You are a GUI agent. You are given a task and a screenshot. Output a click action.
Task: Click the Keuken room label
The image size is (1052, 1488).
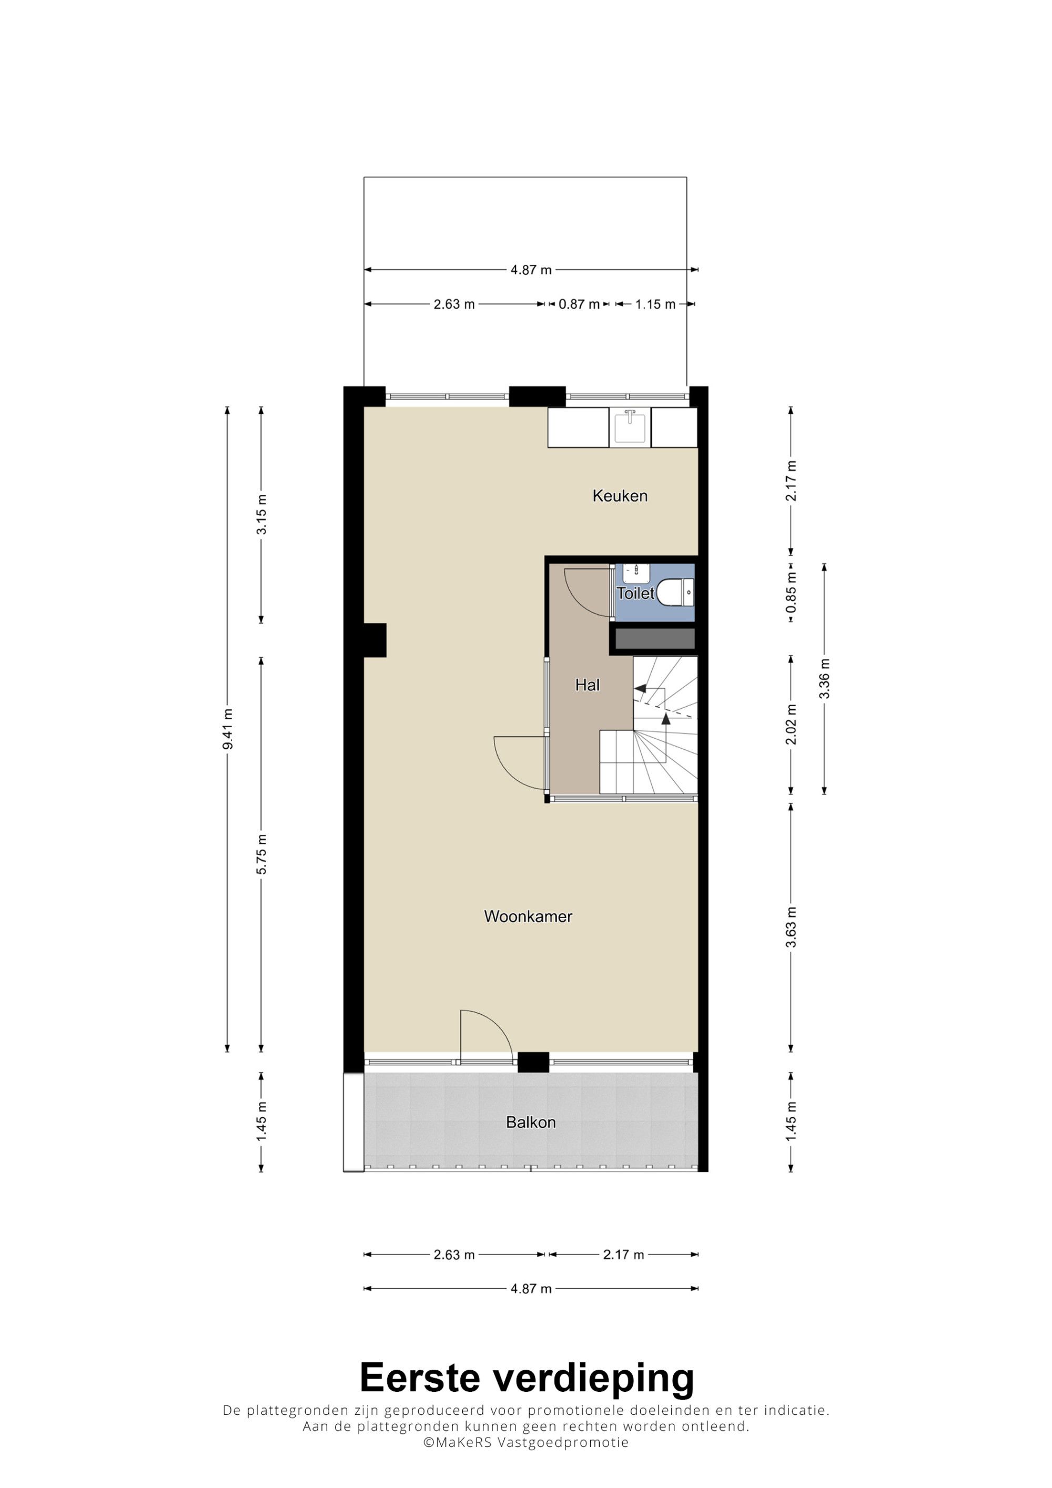click(x=620, y=496)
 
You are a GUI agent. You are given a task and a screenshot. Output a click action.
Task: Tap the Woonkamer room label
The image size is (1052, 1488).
click(x=528, y=916)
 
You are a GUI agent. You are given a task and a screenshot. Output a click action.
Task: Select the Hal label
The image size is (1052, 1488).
click(x=587, y=685)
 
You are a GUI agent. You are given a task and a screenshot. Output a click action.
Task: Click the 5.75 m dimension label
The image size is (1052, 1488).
click(x=261, y=854)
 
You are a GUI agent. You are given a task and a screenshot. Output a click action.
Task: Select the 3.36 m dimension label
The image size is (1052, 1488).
click(x=824, y=679)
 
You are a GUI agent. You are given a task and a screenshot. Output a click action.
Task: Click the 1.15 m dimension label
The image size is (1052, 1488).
click(x=655, y=304)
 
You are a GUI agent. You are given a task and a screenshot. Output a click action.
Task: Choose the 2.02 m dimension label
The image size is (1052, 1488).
click(x=791, y=725)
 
